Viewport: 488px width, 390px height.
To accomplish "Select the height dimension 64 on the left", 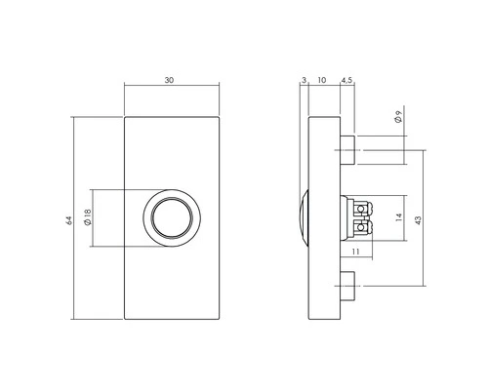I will [x=68, y=219].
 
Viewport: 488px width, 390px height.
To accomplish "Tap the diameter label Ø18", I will [x=88, y=218].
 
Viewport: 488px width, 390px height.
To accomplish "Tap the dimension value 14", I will [x=397, y=218].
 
